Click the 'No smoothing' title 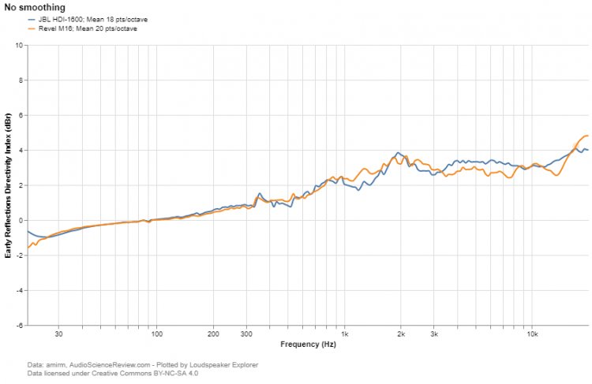[35, 8]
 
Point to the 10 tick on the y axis [18, 45]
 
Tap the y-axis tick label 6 [20, 115]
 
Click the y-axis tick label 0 [20, 221]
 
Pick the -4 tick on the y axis [19, 291]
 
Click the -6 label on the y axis [19, 325]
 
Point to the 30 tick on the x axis [59, 334]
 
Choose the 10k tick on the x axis [532, 334]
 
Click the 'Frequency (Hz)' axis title [308, 345]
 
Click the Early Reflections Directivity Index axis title [7, 185]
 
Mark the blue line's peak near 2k [399, 153]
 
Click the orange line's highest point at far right [586, 136]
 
